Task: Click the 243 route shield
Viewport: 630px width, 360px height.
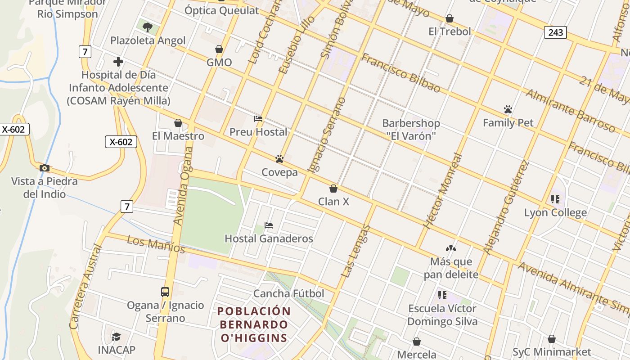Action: coord(555,32)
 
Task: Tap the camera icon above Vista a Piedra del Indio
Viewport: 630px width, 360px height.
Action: coord(44,168)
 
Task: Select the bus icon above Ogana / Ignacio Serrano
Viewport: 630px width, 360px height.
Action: coord(165,292)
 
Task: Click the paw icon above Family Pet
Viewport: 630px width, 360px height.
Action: coord(508,109)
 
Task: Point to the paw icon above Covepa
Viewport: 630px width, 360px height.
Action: coord(279,159)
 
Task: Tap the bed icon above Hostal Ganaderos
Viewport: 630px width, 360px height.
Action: coord(269,225)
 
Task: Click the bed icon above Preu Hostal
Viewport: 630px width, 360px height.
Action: coord(258,119)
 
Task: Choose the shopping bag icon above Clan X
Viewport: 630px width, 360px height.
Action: coord(333,189)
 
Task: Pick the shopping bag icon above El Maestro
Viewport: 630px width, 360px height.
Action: coord(178,123)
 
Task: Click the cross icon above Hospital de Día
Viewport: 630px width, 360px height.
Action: coord(118,62)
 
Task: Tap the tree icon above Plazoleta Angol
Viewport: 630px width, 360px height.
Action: coord(147,27)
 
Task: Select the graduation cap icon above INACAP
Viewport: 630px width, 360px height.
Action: coord(116,337)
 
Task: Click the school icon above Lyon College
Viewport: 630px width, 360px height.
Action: coord(555,199)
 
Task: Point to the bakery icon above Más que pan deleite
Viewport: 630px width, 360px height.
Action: coord(451,248)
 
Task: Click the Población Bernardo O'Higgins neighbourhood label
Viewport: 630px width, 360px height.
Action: coord(254,324)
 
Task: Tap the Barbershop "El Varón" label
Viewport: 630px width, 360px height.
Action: coord(411,129)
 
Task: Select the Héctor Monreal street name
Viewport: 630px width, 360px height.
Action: coord(443,191)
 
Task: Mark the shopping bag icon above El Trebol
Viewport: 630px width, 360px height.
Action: coord(449,18)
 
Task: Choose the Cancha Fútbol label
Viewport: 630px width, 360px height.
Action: coord(288,294)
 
